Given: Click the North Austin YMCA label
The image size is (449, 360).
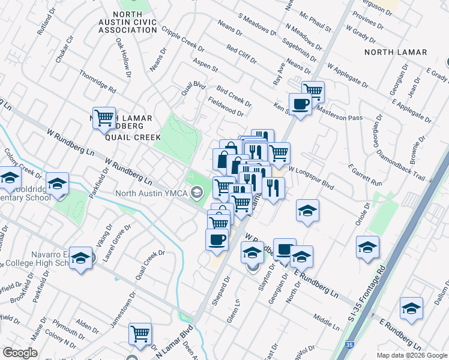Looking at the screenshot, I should tap(151, 193).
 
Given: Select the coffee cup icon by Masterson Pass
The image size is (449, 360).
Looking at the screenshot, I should tap(300, 103).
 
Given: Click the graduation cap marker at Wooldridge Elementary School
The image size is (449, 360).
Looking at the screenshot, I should tap(57, 183).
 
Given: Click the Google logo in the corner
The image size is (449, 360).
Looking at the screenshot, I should tap(20, 352).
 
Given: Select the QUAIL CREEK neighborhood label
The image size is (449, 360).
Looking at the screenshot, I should tap(133, 137).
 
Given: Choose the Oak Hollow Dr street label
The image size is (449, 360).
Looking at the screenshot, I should tap(124, 59).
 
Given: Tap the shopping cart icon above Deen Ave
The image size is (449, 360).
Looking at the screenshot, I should tap(140, 333).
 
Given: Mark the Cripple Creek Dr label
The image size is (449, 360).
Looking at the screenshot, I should tap(183, 39).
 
